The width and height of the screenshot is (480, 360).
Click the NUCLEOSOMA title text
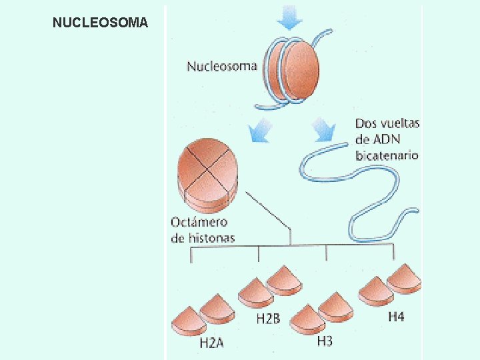100,23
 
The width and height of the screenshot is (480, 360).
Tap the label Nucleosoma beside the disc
222,67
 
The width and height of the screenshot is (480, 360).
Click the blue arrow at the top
289,17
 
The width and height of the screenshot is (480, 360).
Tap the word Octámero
199,223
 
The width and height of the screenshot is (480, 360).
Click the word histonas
211,238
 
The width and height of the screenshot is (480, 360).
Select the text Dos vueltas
387,123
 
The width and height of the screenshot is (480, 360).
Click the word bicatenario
387,155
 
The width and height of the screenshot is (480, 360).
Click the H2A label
212,344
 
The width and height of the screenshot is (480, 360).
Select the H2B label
268,319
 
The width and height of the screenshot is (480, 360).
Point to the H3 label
325,341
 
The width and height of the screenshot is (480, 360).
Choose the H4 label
396,317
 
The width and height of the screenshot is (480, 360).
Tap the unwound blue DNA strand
360,193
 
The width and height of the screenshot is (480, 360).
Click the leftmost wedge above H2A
189,321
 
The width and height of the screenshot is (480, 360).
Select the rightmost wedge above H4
404,279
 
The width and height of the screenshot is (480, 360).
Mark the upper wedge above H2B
285,281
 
